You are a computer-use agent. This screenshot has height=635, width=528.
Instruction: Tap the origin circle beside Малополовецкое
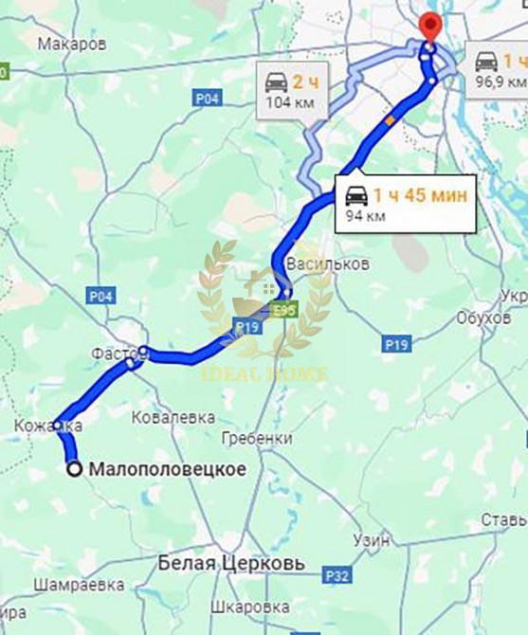click(73, 467)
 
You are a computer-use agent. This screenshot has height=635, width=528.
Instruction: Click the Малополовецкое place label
click(167, 469)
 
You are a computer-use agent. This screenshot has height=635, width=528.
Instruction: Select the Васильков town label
click(327, 264)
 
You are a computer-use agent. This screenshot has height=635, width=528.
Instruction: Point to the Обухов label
click(482, 317)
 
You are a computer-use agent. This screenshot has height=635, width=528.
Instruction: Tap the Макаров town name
click(72, 44)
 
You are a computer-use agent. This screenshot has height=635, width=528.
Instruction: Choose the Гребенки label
click(256, 438)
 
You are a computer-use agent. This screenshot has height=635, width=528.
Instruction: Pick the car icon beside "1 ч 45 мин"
click(356, 196)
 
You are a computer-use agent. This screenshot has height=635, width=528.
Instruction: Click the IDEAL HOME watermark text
click(264, 374)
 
